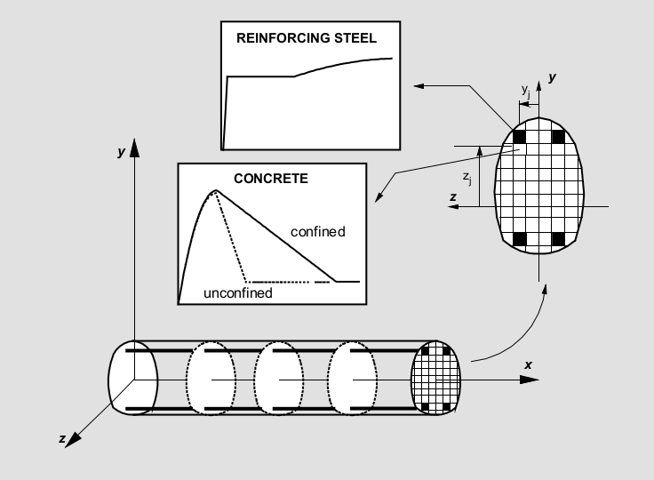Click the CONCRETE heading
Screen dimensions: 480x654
[x=271, y=178]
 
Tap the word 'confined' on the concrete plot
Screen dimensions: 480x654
[x=318, y=232]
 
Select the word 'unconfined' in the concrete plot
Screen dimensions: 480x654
[x=237, y=292]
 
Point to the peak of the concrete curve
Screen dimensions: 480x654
[x=214, y=190]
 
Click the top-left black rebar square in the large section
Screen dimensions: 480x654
[x=521, y=137]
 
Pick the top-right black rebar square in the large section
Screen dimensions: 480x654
[x=559, y=137]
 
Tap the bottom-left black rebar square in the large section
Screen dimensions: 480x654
[x=521, y=238]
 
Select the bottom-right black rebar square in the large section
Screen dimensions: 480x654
[x=559, y=238]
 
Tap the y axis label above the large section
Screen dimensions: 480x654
[x=553, y=78]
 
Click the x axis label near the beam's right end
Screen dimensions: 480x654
[x=528, y=364]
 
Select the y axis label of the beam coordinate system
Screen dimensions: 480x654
[x=121, y=152]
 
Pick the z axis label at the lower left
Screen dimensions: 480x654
[x=61, y=439]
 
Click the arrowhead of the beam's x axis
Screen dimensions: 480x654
[x=530, y=380]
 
